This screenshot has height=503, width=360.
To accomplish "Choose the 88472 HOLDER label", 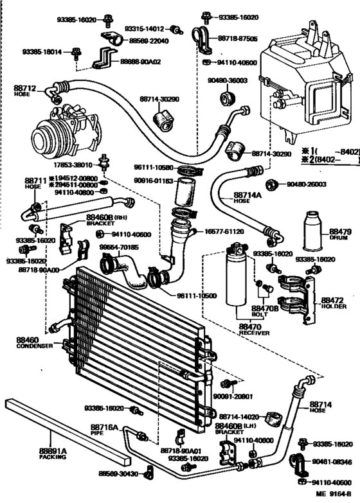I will tap(333, 303).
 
